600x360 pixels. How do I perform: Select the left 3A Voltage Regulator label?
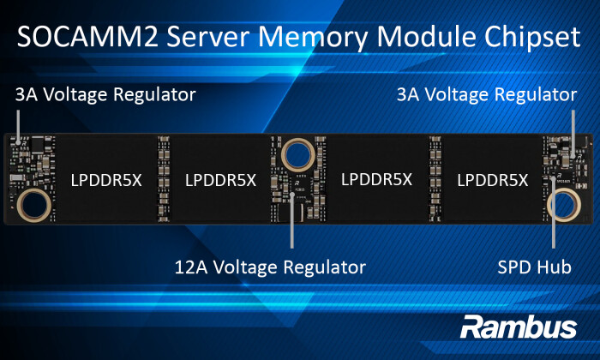[x=105, y=93]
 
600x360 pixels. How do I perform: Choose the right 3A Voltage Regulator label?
[x=486, y=93]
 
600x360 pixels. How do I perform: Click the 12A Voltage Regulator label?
[x=270, y=267]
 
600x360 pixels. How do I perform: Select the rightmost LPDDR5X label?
[x=493, y=180]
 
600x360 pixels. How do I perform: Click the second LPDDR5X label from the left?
[x=220, y=180]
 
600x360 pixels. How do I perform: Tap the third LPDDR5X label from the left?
[x=376, y=180]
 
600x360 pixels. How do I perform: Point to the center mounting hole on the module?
[x=299, y=154]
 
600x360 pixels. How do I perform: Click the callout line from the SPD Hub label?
[x=555, y=231]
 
